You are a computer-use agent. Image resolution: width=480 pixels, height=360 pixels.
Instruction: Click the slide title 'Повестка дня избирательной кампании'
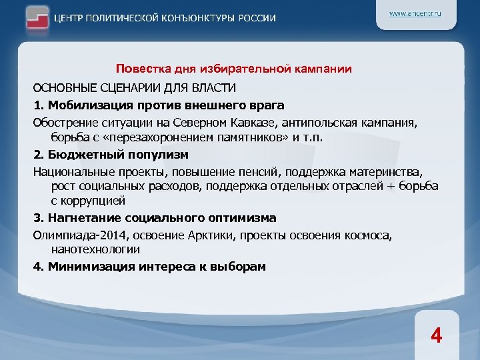pos(233,69)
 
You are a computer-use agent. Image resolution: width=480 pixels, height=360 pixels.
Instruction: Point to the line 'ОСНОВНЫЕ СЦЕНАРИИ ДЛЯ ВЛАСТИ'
pos(134,88)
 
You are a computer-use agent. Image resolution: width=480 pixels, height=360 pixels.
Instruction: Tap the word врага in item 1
pos(268,105)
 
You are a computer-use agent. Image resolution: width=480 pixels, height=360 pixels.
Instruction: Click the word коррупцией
pos(93,201)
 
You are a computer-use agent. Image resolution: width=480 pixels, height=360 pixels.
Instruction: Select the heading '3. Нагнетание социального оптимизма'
pos(155,217)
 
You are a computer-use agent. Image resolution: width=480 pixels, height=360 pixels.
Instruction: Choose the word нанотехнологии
pos(95,249)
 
